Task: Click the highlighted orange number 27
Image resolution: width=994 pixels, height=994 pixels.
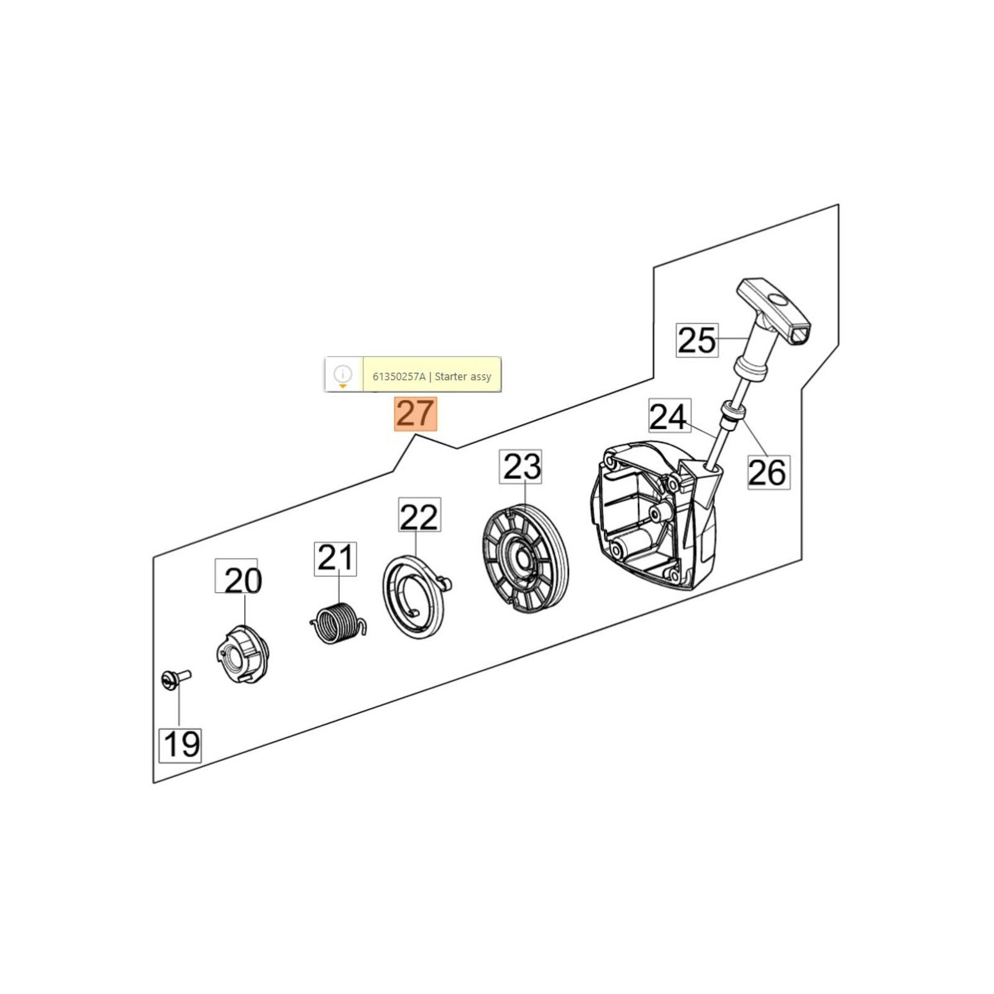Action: (x=416, y=414)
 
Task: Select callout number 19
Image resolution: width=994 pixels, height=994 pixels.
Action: (x=181, y=745)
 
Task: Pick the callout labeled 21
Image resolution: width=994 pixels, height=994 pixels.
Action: (x=335, y=559)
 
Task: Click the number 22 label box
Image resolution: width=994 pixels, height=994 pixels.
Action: (x=419, y=514)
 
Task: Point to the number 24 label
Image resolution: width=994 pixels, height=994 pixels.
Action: (x=669, y=416)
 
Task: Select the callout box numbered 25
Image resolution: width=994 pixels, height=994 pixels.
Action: (x=697, y=340)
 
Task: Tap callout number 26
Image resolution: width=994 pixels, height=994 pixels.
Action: (x=768, y=472)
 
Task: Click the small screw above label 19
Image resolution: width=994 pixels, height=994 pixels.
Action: (x=175, y=679)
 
